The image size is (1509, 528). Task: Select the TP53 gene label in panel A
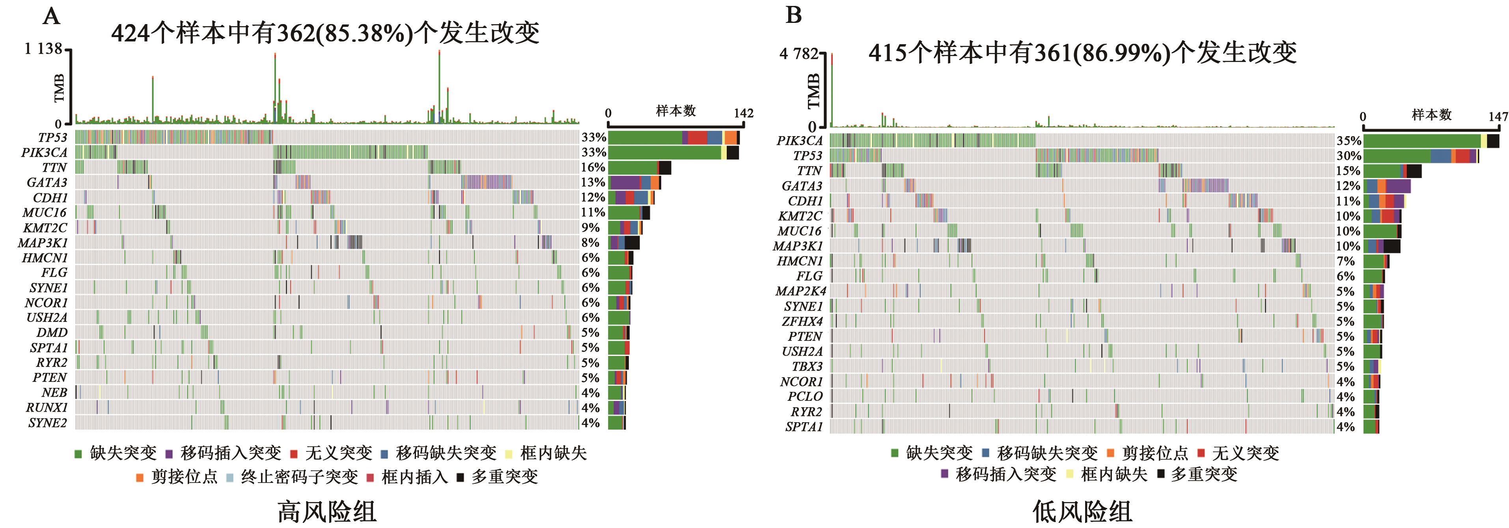tap(53, 138)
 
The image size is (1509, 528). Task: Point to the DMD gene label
tap(52, 333)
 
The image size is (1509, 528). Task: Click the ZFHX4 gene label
tap(802, 321)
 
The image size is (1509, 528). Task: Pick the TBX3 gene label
tap(807, 366)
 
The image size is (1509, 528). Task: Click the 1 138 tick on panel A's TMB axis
tap(43, 49)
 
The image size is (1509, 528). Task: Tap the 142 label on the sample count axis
tap(743, 113)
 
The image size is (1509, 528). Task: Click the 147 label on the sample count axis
tap(1498, 117)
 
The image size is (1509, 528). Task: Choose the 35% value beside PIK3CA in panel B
tap(1349, 140)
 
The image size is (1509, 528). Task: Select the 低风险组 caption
tap(1082, 511)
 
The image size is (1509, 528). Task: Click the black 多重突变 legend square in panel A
tap(461, 477)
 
